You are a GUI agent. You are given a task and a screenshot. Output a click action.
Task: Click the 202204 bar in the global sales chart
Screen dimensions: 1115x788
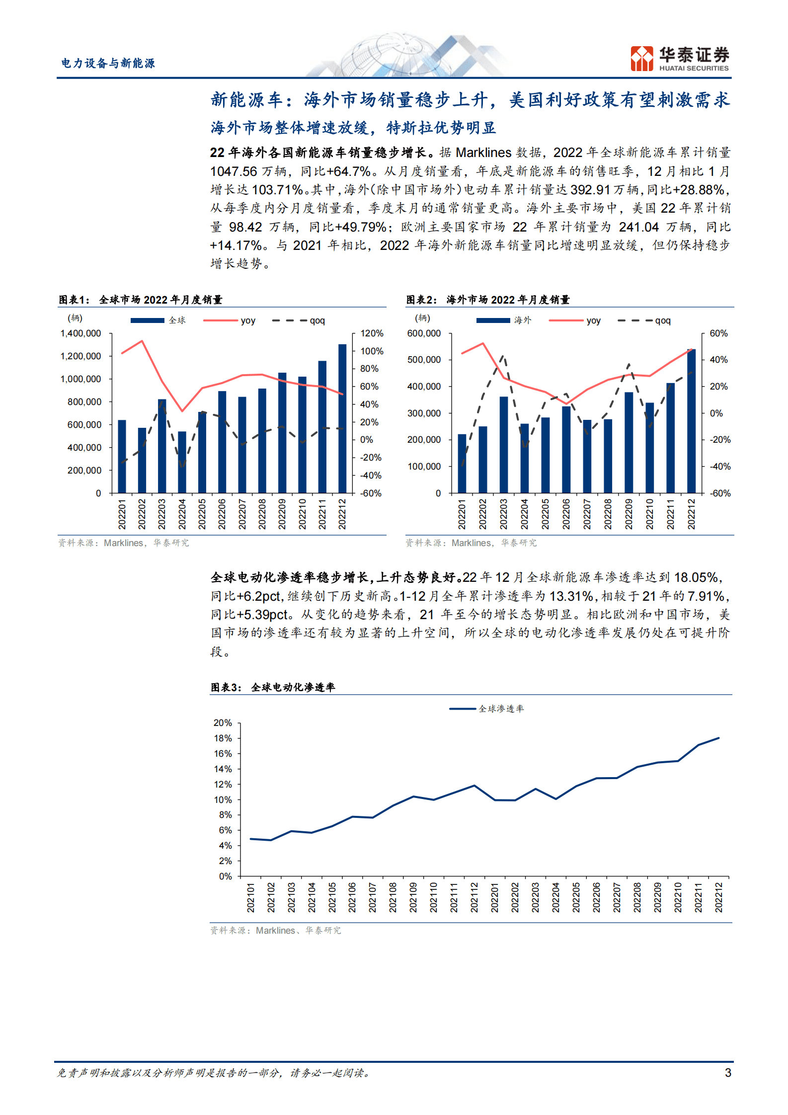point(182,462)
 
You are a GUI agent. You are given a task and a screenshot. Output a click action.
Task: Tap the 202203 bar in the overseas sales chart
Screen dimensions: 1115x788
point(504,445)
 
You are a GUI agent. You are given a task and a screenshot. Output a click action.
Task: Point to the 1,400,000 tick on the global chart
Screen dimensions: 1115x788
point(80,333)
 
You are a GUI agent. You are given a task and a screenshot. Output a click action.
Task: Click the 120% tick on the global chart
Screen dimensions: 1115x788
point(372,333)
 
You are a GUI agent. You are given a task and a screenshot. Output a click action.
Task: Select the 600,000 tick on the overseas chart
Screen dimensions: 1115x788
point(424,333)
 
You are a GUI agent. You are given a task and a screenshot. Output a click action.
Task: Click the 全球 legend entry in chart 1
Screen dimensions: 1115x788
point(158,320)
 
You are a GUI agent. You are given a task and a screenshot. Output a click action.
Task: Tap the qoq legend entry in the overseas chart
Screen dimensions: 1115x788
point(644,320)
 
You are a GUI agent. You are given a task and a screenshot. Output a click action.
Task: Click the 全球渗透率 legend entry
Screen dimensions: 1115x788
point(486,709)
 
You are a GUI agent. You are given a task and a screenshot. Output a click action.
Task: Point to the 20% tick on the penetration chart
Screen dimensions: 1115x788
point(223,723)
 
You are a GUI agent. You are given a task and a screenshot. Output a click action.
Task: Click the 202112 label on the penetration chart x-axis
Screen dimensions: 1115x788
point(474,897)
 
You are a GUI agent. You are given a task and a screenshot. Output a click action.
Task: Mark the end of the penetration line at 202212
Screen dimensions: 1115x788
point(718,738)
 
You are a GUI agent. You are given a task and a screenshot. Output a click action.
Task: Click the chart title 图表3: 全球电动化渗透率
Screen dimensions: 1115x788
point(273,687)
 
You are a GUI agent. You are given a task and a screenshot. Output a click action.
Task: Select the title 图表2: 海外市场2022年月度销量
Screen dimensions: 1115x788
point(488,300)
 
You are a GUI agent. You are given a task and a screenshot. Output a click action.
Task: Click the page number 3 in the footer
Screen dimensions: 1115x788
point(728,1072)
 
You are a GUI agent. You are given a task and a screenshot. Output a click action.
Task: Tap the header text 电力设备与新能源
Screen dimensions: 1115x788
point(108,63)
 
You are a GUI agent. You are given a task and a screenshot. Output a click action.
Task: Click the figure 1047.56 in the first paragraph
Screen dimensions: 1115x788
point(234,171)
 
